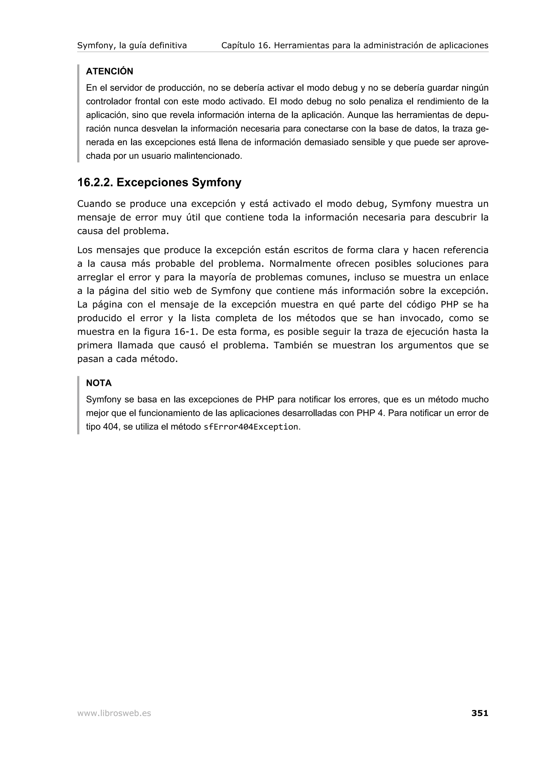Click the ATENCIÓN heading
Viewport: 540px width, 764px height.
tap(109, 71)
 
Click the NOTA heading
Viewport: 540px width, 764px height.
tap(99, 383)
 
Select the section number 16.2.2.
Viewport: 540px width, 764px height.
tap(95, 183)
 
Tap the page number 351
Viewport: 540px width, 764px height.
tap(480, 713)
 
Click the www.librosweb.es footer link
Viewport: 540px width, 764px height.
tap(114, 713)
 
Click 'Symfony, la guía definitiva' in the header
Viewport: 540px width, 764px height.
tap(132, 46)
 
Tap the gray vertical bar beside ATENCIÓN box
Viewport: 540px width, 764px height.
tap(78, 113)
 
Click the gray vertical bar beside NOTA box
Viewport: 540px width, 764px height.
tap(78, 405)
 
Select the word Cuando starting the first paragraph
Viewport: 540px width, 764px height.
tap(94, 204)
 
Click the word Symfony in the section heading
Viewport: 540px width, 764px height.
tap(216, 183)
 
